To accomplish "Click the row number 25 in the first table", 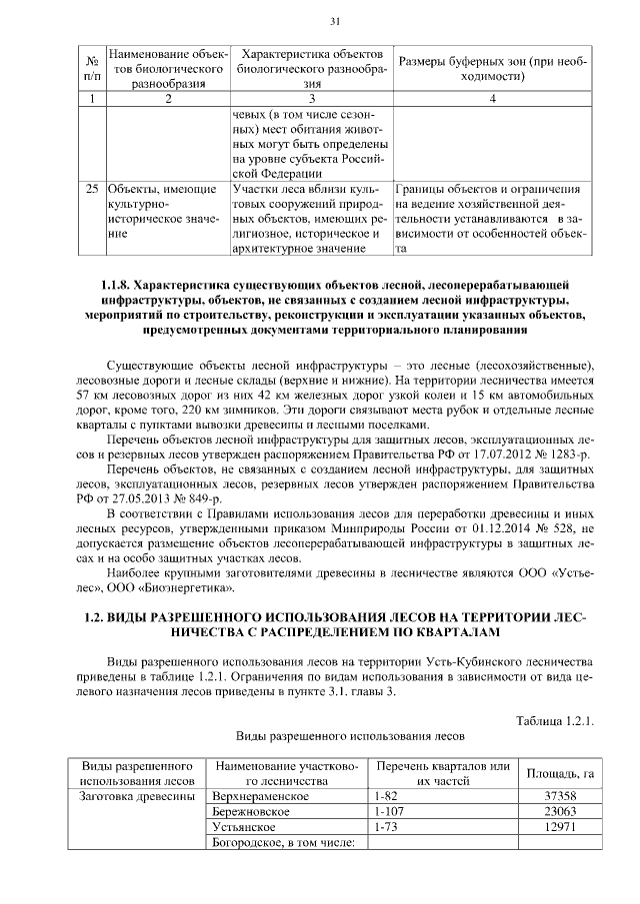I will click(x=91, y=188).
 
